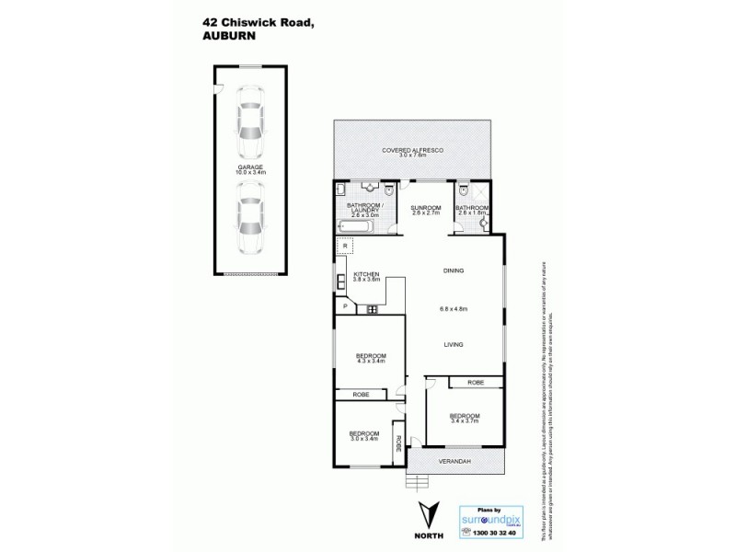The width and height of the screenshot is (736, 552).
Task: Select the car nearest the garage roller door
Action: tap(247, 218)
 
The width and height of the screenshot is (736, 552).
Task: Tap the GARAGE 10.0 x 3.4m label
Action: tap(248, 168)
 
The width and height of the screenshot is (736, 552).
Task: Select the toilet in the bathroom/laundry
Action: tap(390, 191)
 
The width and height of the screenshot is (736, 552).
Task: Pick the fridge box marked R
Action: tap(343, 247)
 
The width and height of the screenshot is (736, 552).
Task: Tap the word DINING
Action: tap(452, 270)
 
